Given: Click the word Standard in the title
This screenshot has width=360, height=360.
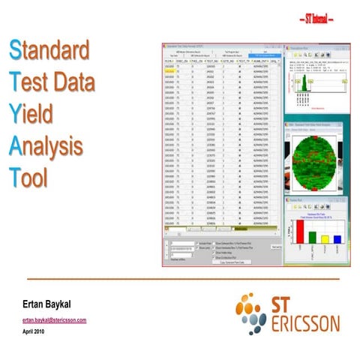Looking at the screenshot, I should click(x=50, y=52).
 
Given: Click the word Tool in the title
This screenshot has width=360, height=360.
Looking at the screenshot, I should click(x=30, y=178).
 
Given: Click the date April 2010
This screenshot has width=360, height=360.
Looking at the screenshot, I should click(x=34, y=331).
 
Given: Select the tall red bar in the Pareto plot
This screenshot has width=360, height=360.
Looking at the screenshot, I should click(x=300, y=232).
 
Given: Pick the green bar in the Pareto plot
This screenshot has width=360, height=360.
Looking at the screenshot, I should click(x=313, y=238).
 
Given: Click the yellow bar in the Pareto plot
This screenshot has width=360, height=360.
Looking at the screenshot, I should click(x=325, y=240).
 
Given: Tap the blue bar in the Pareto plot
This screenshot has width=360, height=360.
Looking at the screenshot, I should click(x=337, y=241).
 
